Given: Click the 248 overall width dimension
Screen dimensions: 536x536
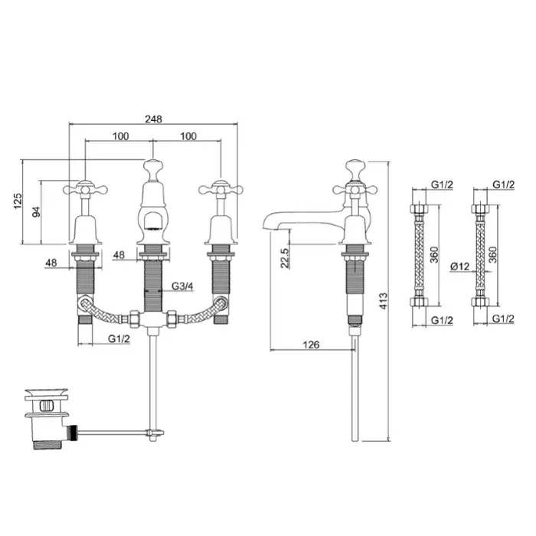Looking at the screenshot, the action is pyautogui.click(x=153, y=119).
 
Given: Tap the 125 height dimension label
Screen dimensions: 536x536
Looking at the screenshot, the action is pyautogui.click(x=18, y=201).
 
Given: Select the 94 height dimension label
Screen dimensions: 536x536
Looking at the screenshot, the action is pyautogui.click(x=36, y=212).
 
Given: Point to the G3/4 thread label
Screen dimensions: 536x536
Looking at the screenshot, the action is pyautogui.click(x=182, y=286).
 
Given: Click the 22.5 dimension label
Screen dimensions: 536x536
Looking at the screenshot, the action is pyautogui.click(x=285, y=258).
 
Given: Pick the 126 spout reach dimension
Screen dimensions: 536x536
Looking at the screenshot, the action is pyautogui.click(x=311, y=345).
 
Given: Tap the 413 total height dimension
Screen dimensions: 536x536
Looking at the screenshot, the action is pyautogui.click(x=384, y=301).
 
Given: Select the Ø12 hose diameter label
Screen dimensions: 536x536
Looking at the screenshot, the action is pyautogui.click(x=459, y=266).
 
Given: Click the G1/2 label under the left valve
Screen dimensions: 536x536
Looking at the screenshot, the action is pyautogui.click(x=119, y=338).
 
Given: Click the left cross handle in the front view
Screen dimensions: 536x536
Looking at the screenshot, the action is pyautogui.click(x=86, y=189).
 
